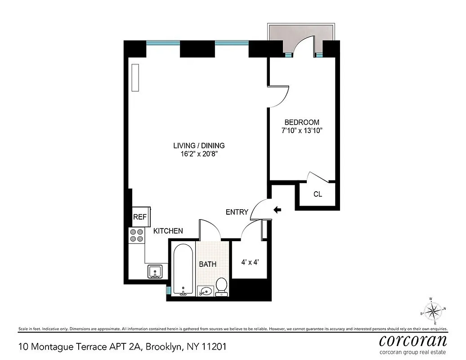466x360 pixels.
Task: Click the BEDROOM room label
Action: [x=302, y=122]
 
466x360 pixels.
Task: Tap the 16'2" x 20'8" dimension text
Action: [x=199, y=154]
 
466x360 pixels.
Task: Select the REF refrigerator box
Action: [x=139, y=217]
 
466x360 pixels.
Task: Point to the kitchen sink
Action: [x=154, y=272]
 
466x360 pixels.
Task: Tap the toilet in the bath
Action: [x=221, y=286]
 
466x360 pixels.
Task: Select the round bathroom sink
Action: [x=206, y=291]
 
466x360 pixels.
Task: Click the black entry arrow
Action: [x=278, y=209]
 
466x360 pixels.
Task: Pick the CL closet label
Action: [x=318, y=194]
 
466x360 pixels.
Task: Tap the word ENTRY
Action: [x=237, y=212]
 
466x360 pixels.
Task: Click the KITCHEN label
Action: [x=168, y=231]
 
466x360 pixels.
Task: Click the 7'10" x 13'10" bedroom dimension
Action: [x=302, y=131]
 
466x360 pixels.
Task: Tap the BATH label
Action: [x=208, y=264]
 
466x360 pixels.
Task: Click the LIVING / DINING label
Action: [x=199, y=146]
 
